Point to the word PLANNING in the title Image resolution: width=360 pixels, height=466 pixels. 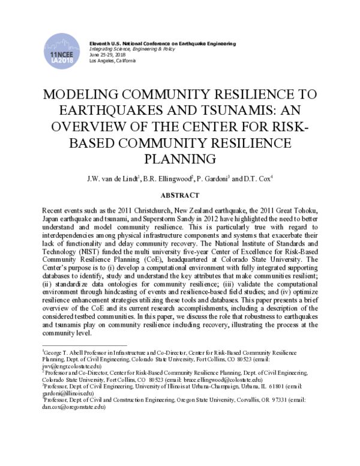180,159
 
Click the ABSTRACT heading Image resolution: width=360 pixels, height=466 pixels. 180,195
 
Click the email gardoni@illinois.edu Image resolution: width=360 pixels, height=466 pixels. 65,395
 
